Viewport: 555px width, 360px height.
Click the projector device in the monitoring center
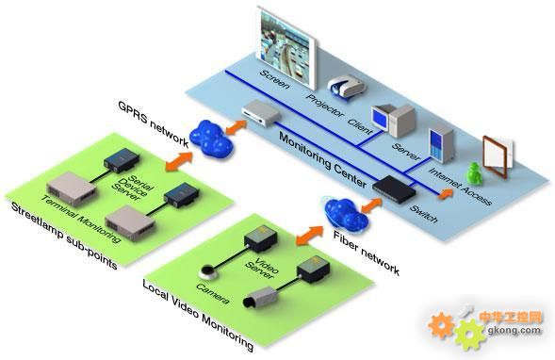click(x=346, y=86)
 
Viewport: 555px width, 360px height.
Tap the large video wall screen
click(x=287, y=46)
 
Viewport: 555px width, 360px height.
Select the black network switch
click(x=394, y=188)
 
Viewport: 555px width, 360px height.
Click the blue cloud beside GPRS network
click(x=211, y=138)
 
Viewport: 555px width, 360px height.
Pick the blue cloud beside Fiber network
click(x=346, y=213)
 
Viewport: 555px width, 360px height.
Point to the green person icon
click(x=474, y=173)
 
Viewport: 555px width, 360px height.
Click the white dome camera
click(x=208, y=271)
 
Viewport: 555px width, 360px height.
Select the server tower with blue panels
click(x=441, y=145)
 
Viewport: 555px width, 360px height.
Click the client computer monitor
click(x=381, y=118)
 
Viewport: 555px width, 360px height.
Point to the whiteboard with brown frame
click(x=498, y=155)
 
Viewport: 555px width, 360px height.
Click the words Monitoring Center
click(x=322, y=160)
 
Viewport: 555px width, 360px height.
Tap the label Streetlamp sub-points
click(x=64, y=236)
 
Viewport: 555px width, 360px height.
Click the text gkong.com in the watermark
click(x=514, y=330)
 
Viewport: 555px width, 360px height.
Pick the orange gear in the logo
click(x=441, y=325)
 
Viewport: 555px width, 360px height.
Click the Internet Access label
click(x=460, y=187)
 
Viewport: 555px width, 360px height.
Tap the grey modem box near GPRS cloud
click(x=261, y=112)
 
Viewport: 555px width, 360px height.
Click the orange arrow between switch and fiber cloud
click(x=371, y=205)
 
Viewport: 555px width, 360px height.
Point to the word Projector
click(x=325, y=106)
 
